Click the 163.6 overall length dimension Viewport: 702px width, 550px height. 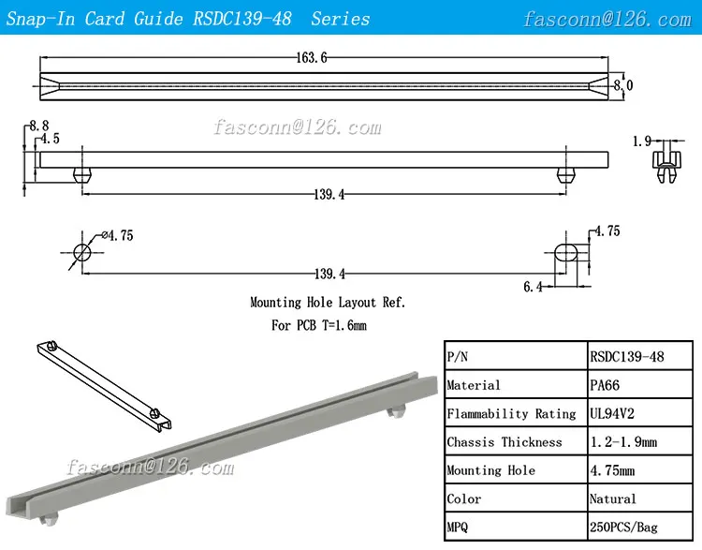click(312, 58)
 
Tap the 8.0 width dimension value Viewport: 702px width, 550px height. click(623, 85)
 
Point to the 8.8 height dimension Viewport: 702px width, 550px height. click(38, 125)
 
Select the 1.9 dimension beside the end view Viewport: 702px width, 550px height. click(641, 141)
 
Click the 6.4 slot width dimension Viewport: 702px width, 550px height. click(533, 287)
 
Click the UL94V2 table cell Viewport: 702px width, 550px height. click(614, 413)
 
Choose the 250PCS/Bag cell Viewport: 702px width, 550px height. click(623, 527)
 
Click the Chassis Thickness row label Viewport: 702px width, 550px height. click(505, 441)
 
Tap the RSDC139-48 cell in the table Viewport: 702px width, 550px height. click(627, 356)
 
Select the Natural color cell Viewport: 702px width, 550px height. click(613, 498)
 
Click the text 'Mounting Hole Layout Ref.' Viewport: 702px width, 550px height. click(328, 303)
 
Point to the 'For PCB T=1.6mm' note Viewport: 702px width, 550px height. click(319, 325)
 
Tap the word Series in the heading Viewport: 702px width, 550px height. click(341, 19)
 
